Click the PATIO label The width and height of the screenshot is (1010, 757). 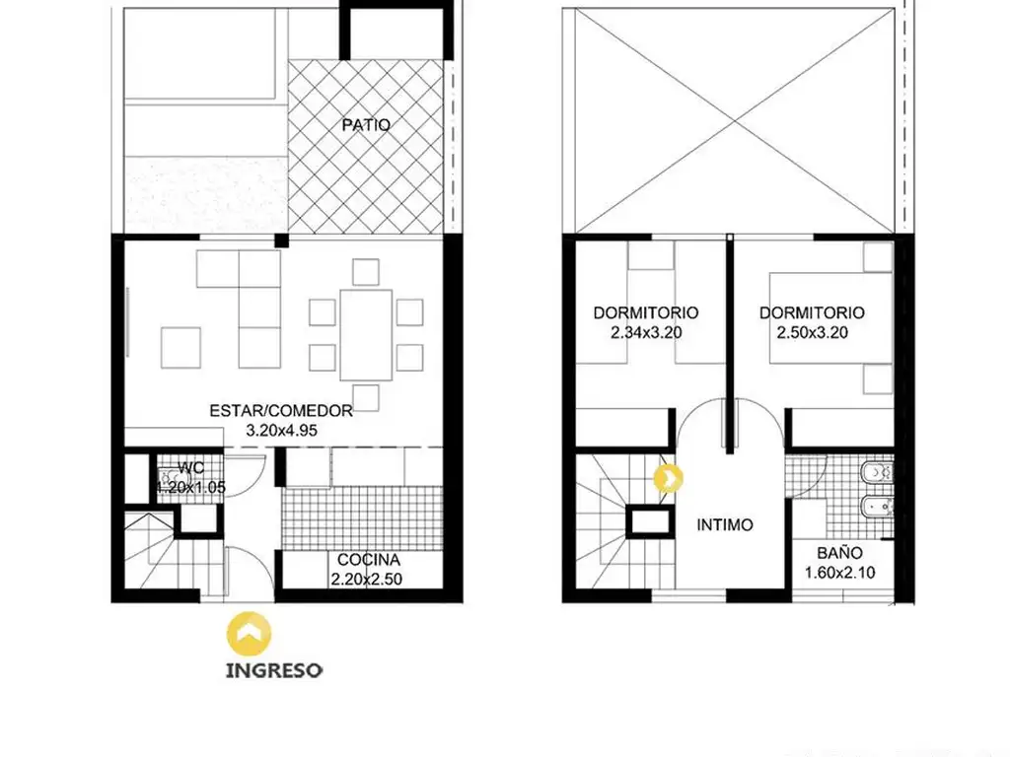click(x=366, y=124)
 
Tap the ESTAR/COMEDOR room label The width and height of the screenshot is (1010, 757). click(x=281, y=411)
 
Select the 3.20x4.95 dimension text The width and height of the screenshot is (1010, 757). click(x=281, y=430)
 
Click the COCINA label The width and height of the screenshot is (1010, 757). click(x=369, y=560)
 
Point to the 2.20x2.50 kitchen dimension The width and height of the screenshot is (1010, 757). click(x=367, y=579)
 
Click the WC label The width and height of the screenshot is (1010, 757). click(x=190, y=468)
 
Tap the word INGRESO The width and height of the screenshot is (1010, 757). click(x=274, y=670)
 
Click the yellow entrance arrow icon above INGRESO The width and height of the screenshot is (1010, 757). click(x=249, y=634)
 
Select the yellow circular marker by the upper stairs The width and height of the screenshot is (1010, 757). click(x=669, y=479)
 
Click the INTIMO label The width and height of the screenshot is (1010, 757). click(x=725, y=524)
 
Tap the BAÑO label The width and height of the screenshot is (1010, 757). click(x=839, y=552)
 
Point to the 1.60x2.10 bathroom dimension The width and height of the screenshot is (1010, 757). click(x=840, y=573)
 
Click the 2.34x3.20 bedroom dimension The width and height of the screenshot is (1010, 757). click(x=646, y=332)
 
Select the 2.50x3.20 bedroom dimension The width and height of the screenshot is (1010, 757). click(x=813, y=332)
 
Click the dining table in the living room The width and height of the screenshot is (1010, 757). click(x=366, y=335)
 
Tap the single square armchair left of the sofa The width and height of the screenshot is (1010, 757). click(x=180, y=348)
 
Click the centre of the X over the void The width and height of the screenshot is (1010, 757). click(x=735, y=120)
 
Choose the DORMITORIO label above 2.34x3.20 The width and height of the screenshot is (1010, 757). click(x=646, y=312)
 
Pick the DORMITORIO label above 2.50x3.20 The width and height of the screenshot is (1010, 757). click(x=813, y=312)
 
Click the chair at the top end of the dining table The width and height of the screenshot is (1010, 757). click(x=366, y=272)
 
